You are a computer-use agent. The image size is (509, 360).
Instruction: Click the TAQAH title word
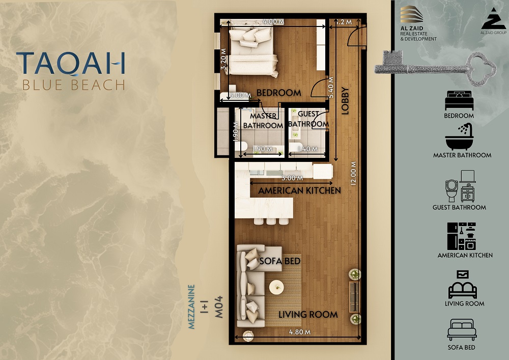tap(71, 63)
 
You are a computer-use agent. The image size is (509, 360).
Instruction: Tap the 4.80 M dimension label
tap(300, 332)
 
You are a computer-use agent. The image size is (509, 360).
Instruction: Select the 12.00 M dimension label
tap(354, 173)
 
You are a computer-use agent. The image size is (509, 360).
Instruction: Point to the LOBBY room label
tap(345, 101)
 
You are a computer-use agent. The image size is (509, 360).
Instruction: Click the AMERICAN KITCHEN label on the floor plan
tap(299, 190)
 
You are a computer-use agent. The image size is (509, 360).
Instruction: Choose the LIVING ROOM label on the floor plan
tap(308, 315)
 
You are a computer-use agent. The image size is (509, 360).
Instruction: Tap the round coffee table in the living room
tap(276, 287)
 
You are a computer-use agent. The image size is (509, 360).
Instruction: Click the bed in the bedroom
tap(252, 52)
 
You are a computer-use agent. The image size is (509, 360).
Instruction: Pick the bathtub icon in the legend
tap(459, 136)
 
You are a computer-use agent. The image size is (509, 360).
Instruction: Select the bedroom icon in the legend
tap(459, 100)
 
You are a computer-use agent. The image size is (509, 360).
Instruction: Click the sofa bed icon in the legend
tap(462, 329)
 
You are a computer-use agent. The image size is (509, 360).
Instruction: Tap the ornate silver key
tap(435, 68)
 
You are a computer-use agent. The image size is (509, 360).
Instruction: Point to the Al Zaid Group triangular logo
tap(493, 19)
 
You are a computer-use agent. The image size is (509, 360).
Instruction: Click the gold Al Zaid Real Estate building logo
tap(411, 15)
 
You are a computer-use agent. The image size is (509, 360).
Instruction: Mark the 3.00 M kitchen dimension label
tap(292, 178)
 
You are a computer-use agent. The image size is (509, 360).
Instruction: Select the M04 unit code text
tap(219, 307)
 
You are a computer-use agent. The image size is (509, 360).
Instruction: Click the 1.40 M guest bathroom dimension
tap(308, 149)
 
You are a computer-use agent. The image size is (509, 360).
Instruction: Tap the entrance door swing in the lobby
tap(356, 36)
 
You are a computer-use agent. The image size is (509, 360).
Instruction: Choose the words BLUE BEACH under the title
tap(74, 85)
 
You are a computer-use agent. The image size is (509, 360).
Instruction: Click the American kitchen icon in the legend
tap(462, 236)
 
